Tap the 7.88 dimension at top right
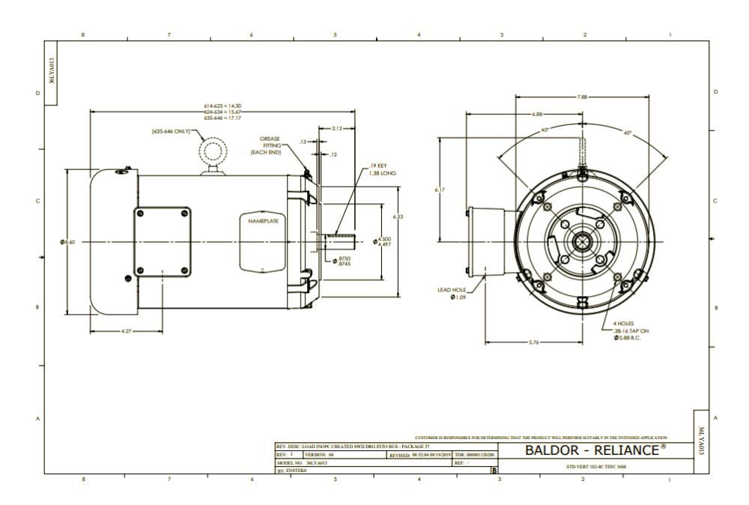tap(582, 97)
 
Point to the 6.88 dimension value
tap(537, 114)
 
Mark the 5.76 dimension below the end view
tap(533, 342)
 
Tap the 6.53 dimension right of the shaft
tap(398, 217)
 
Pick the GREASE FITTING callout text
tap(270, 145)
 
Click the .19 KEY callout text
tap(378, 166)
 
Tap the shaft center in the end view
tap(581, 242)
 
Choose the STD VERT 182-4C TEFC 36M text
tap(595, 465)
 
